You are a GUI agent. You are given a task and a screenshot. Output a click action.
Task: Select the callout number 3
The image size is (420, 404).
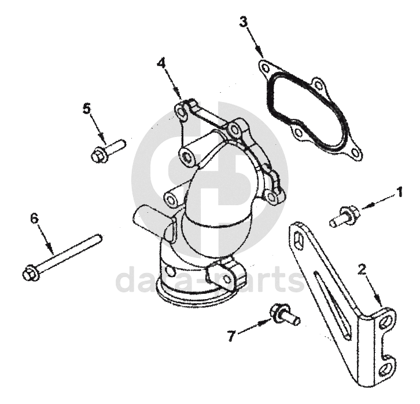tap(244, 22)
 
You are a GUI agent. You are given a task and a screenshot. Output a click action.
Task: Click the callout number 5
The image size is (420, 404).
tap(87, 109)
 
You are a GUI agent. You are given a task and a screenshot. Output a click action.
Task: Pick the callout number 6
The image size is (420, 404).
tap(34, 218)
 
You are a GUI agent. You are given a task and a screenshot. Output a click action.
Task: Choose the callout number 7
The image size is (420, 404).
tap(231, 336)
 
